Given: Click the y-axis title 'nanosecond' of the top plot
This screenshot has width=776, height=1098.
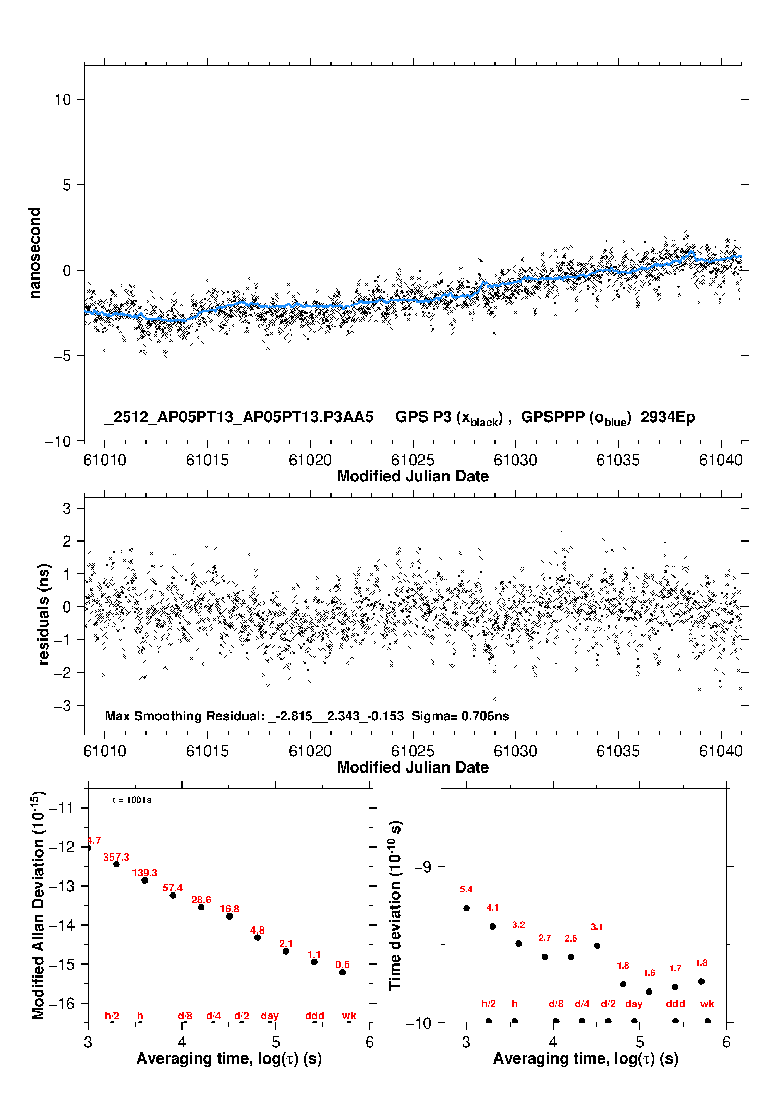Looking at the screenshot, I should click(35, 253).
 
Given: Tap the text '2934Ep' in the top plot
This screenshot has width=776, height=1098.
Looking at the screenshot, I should click(668, 417).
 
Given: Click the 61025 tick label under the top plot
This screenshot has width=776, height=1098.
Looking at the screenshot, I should click(413, 460).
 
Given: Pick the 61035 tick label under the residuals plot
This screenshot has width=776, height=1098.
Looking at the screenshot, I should click(618, 751).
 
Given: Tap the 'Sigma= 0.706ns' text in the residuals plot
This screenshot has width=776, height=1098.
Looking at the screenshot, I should click(460, 716).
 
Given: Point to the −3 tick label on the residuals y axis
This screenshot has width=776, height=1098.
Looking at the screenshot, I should click(63, 706).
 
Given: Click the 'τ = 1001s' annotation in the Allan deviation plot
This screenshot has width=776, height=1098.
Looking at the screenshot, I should click(131, 800).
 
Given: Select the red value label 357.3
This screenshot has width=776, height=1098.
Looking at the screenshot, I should click(116, 857).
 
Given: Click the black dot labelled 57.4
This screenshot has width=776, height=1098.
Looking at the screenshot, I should click(173, 895).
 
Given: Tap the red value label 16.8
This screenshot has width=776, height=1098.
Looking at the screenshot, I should click(229, 909).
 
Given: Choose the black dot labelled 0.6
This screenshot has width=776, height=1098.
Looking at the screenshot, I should click(342, 972).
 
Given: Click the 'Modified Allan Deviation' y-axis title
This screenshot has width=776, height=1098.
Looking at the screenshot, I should click(38, 905).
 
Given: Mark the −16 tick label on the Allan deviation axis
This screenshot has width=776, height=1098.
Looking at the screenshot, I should click(61, 1003).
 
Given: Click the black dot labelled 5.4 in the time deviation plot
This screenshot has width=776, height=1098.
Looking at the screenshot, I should click(466, 908).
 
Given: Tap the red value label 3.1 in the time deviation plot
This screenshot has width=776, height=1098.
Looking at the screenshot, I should click(597, 927).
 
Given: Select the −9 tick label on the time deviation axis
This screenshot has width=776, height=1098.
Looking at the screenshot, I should click(422, 866).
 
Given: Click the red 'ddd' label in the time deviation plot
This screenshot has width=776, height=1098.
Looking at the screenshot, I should click(675, 1004).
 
